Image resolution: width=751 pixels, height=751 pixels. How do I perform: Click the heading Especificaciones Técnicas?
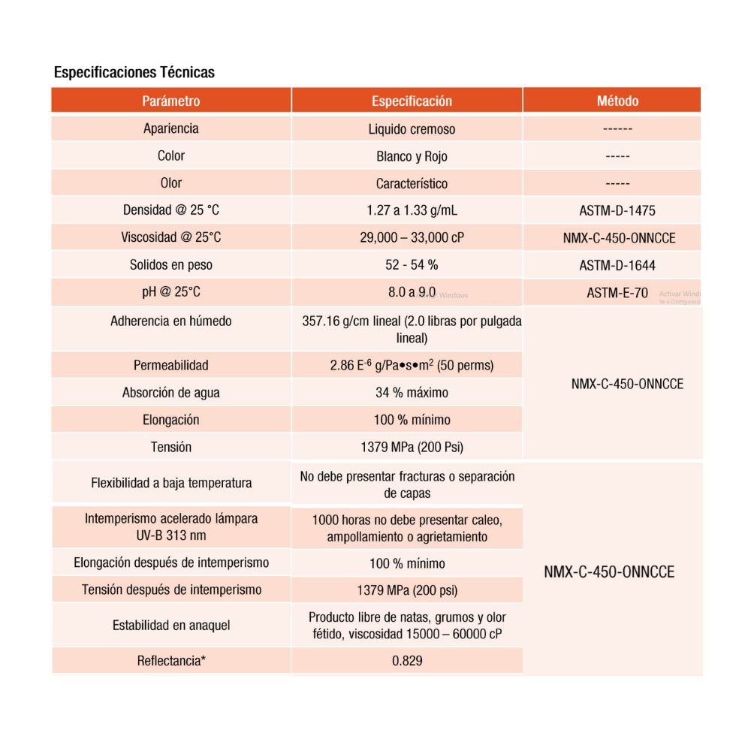coord(134,73)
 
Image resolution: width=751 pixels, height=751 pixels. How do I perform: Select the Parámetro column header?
coord(171,101)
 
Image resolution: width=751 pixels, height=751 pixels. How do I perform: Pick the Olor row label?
coord(171,183)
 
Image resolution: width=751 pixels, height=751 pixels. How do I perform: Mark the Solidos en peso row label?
coord(171,265)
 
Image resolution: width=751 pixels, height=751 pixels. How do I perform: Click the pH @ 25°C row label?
coord(171,292)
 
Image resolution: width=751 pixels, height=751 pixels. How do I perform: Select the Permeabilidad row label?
coord(171,366)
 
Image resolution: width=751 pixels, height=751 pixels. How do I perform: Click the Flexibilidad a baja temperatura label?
coord(171,483)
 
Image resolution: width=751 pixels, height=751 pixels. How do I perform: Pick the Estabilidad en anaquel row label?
coord(171,626)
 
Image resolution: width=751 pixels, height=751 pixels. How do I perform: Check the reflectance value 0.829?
coord(407,662)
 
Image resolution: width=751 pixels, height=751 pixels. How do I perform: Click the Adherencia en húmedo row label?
coord(171,321)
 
